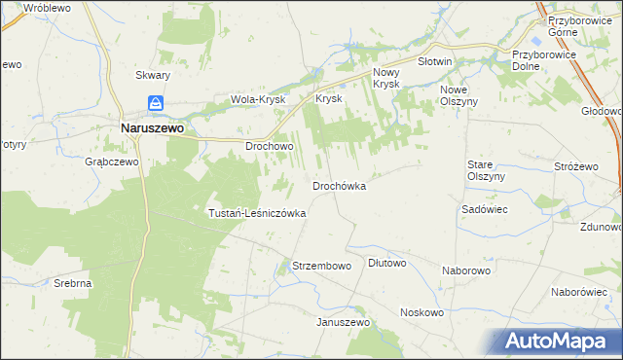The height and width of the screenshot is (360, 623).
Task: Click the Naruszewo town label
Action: click(153, 126)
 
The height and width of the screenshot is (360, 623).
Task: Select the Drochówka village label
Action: click(339, 186)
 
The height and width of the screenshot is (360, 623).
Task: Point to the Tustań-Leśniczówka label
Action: click(258, 212)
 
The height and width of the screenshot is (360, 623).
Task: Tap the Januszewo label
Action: click(339, 322)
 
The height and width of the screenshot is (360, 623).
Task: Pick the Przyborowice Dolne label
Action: click(544, 61)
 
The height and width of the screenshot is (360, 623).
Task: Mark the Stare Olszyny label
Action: click(485, 171)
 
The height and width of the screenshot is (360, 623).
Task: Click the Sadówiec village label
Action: click(480, 209)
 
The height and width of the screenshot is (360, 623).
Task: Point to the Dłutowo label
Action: click(387, 263)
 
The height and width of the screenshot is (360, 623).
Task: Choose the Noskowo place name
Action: click(421, 312)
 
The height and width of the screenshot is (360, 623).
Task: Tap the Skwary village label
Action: click(153, 75)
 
